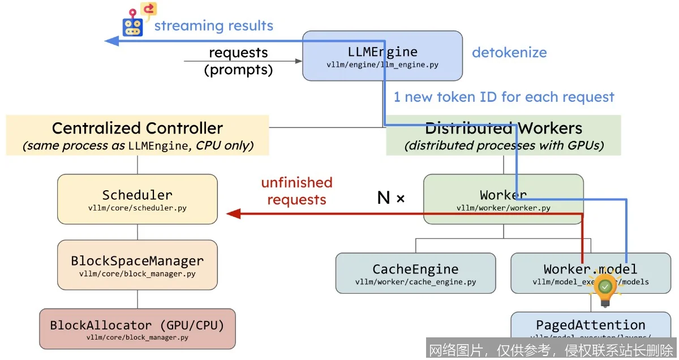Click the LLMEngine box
(x=383, y=56)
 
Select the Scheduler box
(x=137, y=199)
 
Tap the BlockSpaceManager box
(x=137, y=264)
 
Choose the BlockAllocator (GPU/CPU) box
(x=137, y=329)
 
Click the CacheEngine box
(x=415, y=273)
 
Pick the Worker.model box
(x=590, y=273)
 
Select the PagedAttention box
(x=590, y=327)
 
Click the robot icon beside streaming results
(x=132, y=25)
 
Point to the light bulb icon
(x=605, y=288)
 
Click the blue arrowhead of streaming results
(x=111, y=41)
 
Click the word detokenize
(x=509, y=53)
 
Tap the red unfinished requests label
(x=296, y=191)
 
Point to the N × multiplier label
(x=391, y=198)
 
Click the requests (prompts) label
(x=238, y=61)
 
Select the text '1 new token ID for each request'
(x=504, y=97)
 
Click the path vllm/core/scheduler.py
(x=137, y=208)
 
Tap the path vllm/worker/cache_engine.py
(x=415, y=282)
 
